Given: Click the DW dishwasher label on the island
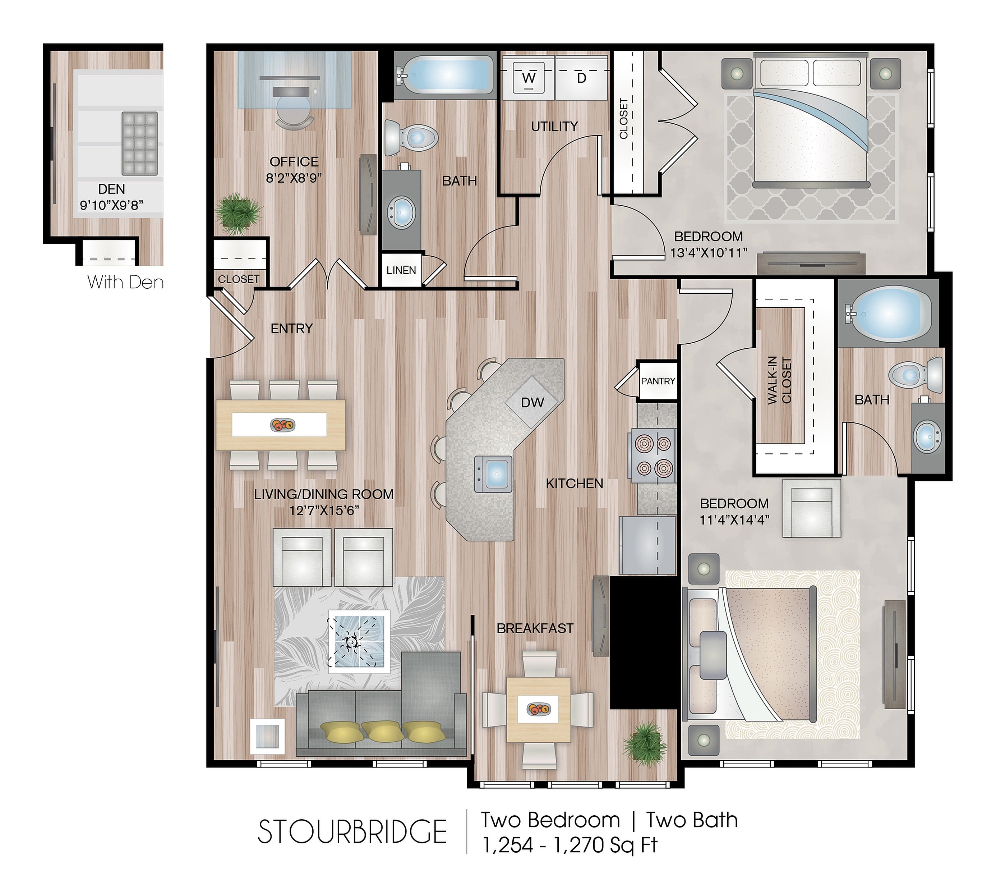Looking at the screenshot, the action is click(532, 403).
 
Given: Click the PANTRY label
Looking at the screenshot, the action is click(658, 381).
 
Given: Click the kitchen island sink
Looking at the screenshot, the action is click(494, 474).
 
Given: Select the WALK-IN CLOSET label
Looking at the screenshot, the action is click(780, 381).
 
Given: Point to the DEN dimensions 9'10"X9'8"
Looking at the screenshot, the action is click(112, 205).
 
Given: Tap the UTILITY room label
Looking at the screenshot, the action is click(554, 127).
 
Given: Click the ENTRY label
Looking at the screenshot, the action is click(291, 329).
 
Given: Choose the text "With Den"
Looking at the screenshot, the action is click(125, 282).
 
